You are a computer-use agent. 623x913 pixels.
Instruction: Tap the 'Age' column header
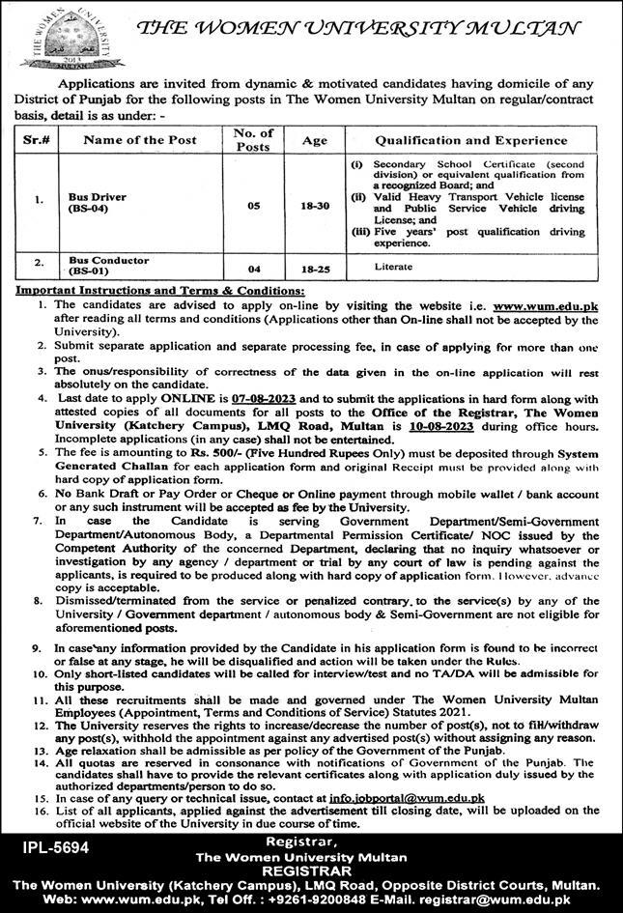click(x=314, y=139)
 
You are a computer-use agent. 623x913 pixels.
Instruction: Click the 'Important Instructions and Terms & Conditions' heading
click(x=159, y=290)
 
